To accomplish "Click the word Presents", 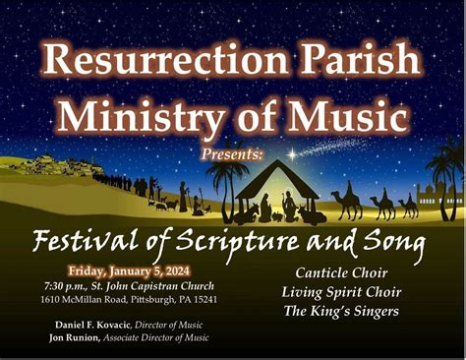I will click(233, 155).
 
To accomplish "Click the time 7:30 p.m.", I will click(86, 284).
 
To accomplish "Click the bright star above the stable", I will click(291, 155).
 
